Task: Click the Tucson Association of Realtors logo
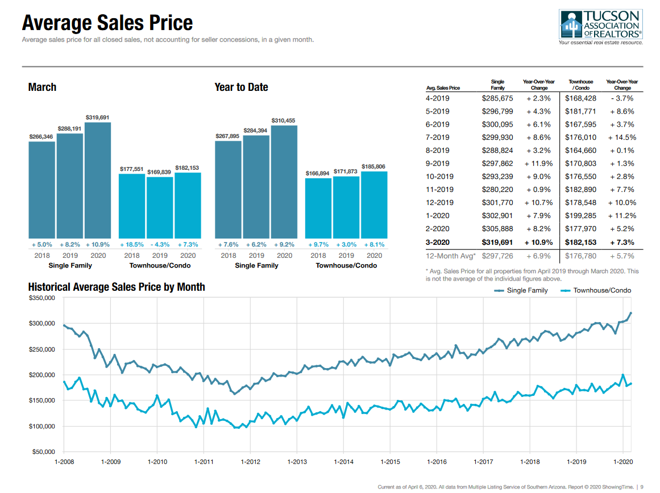pos(601,27)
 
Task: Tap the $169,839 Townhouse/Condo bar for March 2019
pos(160,207)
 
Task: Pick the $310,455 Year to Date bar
pos(284,181)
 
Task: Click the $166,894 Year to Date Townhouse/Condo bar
pos(318,208)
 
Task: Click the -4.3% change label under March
pos(160,244)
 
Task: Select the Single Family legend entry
pos(521,290)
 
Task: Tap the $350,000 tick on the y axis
pos(41,298)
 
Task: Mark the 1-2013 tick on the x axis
pos(297,462)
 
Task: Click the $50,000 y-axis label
pos(43,452)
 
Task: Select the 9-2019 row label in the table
pos(437,164)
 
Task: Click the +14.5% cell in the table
pos(621,137)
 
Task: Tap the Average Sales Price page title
pos(107,23)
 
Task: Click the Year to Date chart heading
pos(241,87)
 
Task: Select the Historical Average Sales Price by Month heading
pos(117,287)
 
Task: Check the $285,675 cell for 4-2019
pos(497,98)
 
